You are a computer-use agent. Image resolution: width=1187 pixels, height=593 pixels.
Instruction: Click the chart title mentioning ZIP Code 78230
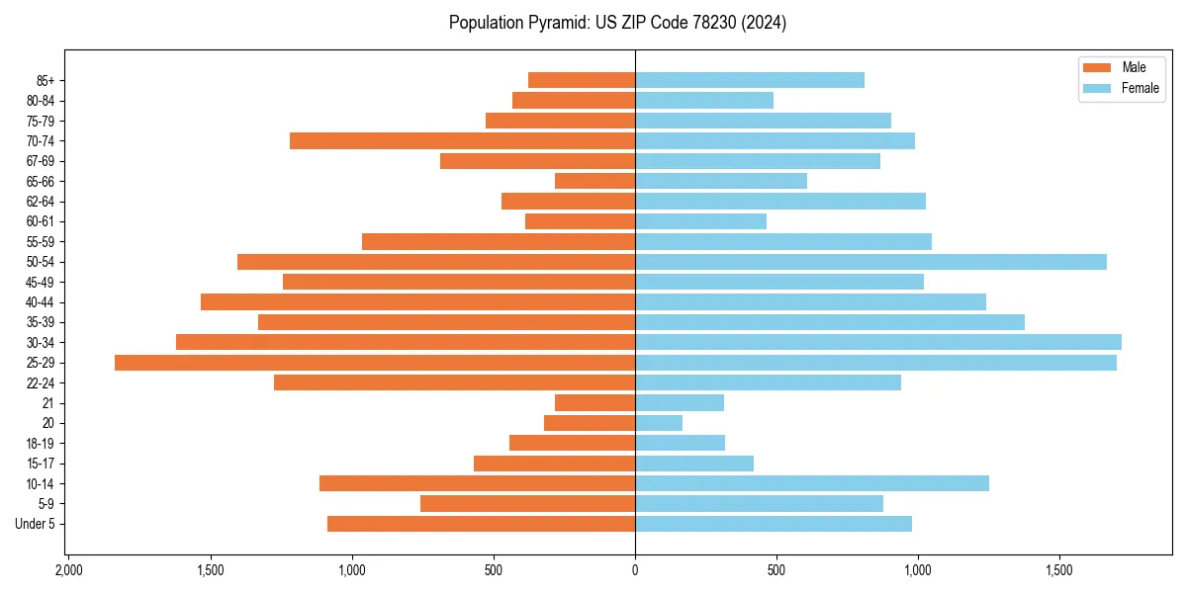pyautogui.click(x=617, y=23)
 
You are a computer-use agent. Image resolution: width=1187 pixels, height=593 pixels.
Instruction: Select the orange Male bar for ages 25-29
pyautogui.click(x=375, y=363)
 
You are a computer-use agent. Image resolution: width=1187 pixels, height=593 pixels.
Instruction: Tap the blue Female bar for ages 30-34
pyautogui.click(x=877, y=342)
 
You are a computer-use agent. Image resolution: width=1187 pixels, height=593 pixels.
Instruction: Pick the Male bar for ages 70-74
pyautogui.click(x=462, y=140)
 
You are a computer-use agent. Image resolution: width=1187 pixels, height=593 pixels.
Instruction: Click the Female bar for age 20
pyautogui.click(x=659, y=423)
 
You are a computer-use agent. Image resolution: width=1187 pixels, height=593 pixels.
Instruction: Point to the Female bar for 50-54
pyautogui.click(x=870, y=262)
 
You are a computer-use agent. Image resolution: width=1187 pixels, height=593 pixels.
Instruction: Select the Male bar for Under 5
pyautogui.click(x=481, y=524)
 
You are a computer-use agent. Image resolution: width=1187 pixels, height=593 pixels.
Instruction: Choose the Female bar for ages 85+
pyautogui.click(x=750, y=80)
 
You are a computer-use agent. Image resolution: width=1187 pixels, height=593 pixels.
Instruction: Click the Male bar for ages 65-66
pyautogui.click(x=594, y=181)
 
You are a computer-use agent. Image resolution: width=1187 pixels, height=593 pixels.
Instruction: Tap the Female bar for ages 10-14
pyautogui.click(x=812, y=483)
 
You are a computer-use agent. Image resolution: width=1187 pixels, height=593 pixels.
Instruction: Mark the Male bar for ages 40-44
pyautogui.click(x=417, y=302)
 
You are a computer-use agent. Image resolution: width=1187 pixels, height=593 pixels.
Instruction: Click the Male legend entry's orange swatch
pyautogui.click(x=1097, y=67)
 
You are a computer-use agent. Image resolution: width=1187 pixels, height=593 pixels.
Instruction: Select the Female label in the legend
pyautogui.click(x=1140, y=88)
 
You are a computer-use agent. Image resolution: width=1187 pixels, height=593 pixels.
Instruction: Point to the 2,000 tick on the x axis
pyautogui.click(x=68, y=571)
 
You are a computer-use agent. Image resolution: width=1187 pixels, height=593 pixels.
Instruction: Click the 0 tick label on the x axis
pyautogui.click(x=635, y=571)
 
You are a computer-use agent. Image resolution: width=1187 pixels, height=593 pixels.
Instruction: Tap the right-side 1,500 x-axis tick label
pyautogui.click(x=1059, y=571)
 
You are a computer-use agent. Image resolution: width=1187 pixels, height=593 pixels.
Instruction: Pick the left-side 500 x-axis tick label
pyautogui.click(x=494, y=571)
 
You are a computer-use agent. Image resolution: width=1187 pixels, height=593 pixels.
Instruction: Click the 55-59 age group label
pyautogui.click(x=40, y=242)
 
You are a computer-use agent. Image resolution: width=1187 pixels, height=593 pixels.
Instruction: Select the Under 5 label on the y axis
pyautogui.click(x=35, y=524)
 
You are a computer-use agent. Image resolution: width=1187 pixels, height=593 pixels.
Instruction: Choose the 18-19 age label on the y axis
pyautogui.click(x=40, y=444)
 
